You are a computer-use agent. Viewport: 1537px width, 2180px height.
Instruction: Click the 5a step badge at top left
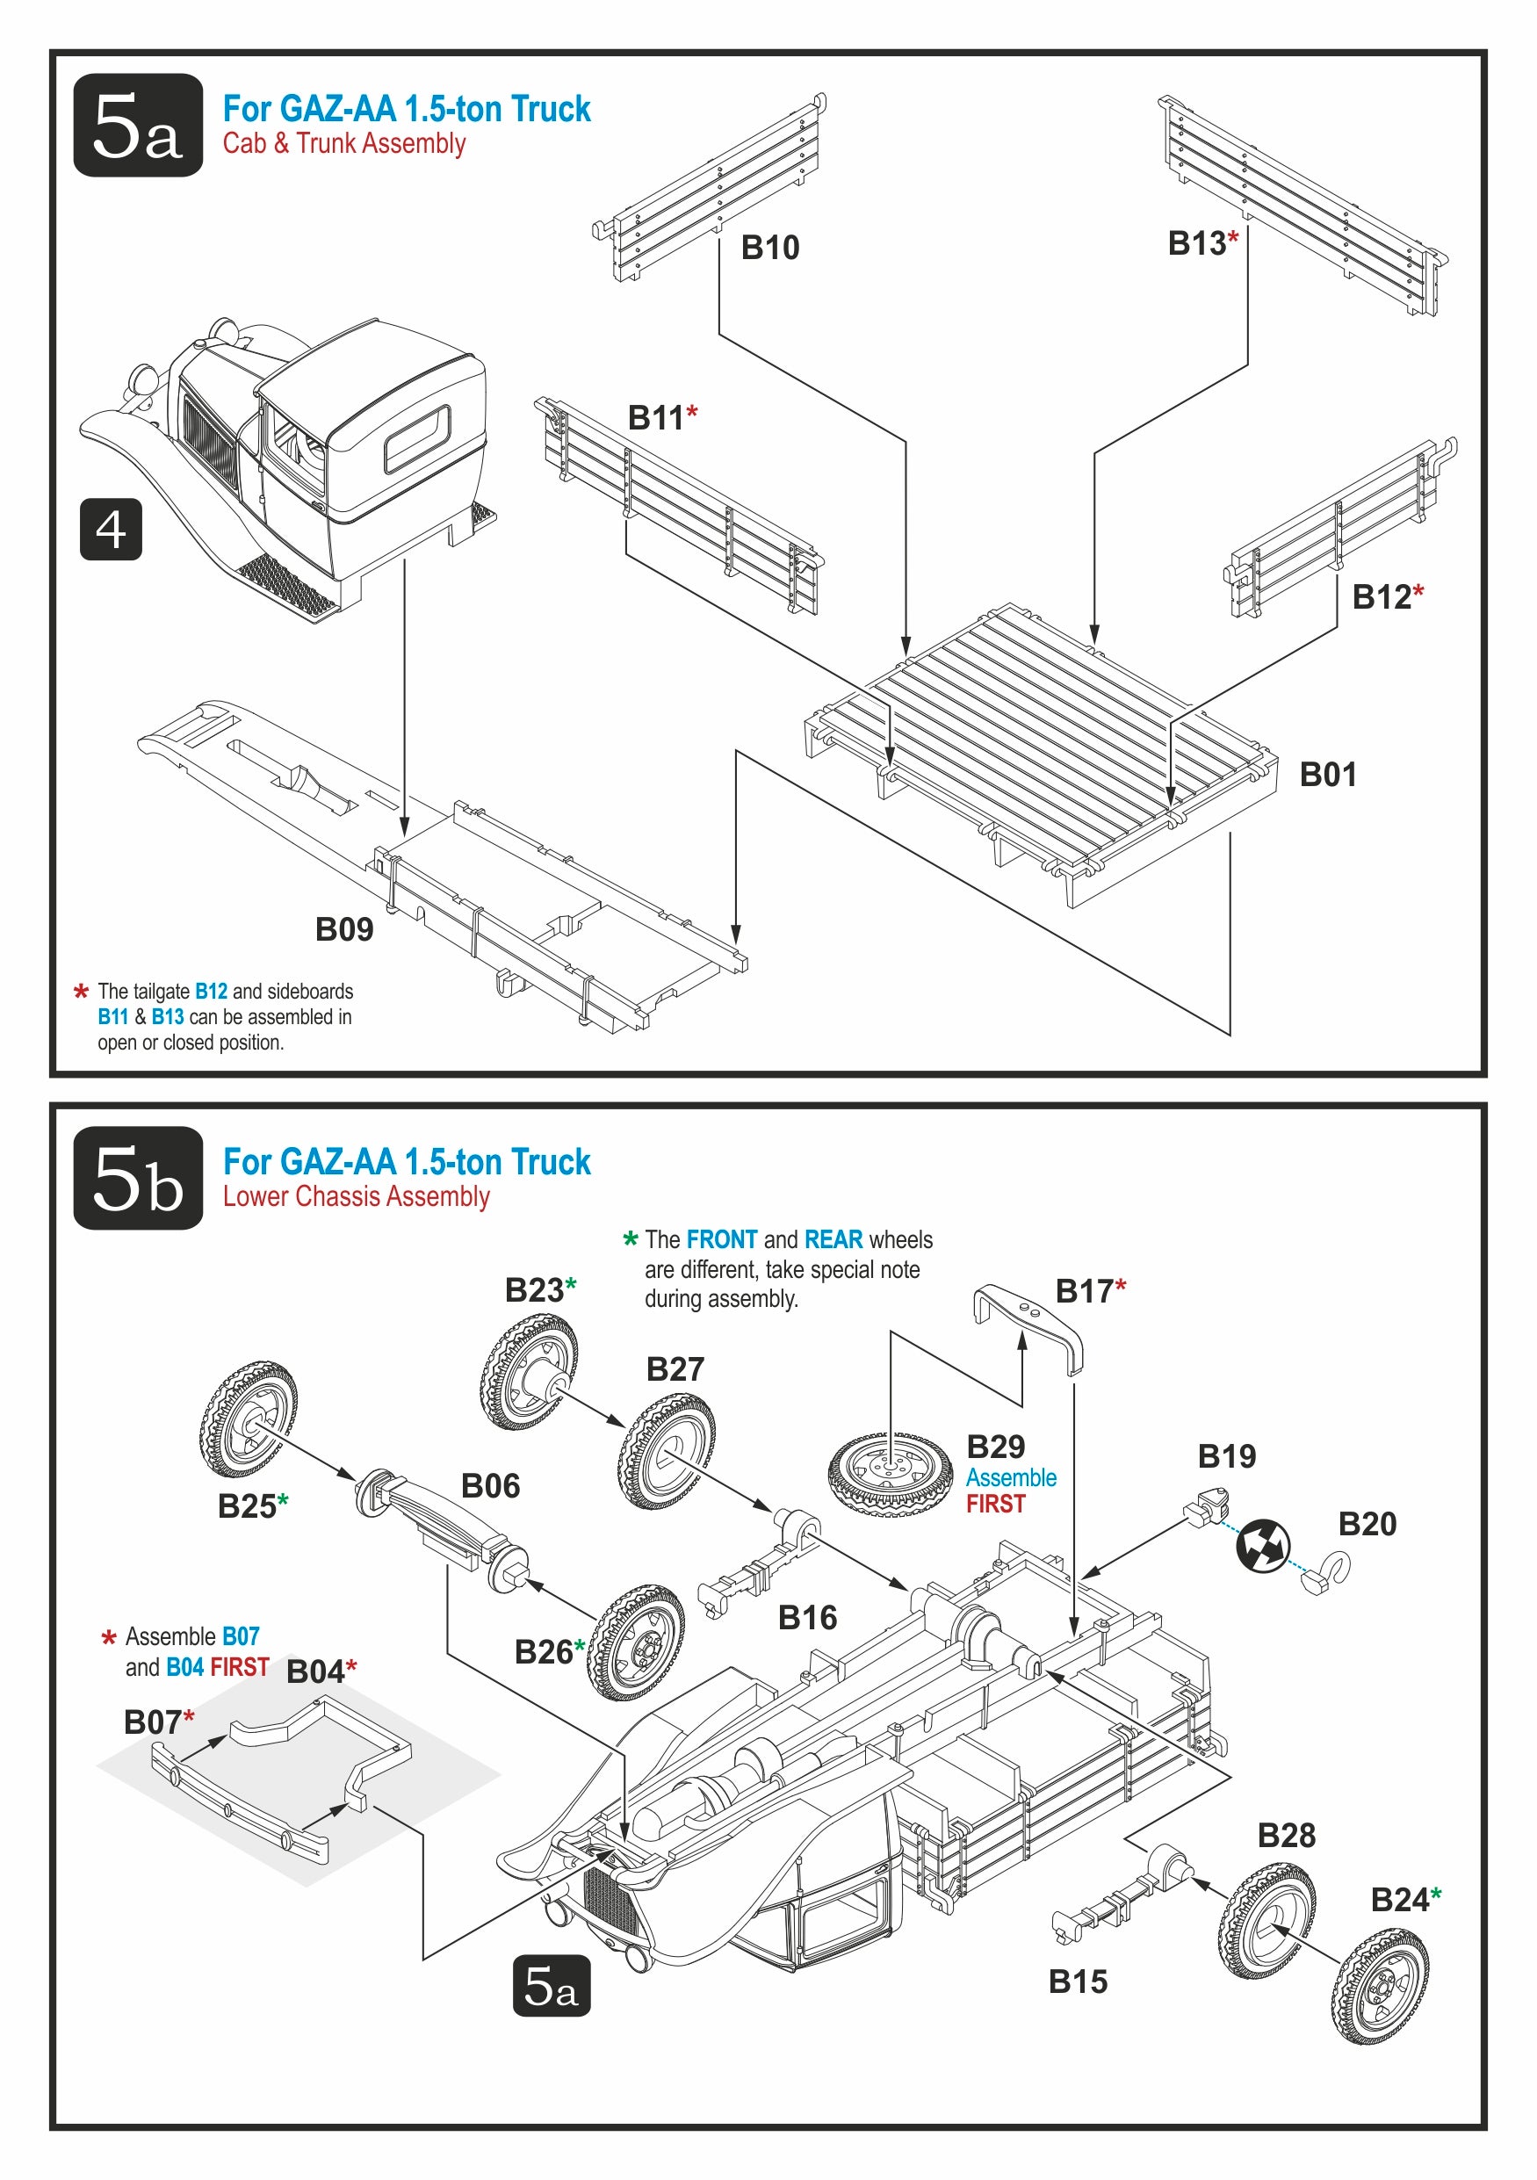click(x=138, y=125)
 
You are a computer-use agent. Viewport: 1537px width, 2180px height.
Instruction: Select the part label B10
click(x=769, y=248)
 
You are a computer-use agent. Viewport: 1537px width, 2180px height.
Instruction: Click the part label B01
click(x=1327, y=775)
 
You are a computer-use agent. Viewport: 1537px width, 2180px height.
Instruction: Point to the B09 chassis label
click(x=343, y=928)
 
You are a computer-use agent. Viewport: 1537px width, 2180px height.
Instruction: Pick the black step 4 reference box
click(x=111, y=529)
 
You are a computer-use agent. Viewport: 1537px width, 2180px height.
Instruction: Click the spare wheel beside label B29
click(x=890, y=1473)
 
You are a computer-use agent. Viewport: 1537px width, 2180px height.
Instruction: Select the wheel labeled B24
click(x=1380, y=1986)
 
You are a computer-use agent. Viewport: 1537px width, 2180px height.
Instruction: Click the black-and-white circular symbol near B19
click(x=1263, y=1546)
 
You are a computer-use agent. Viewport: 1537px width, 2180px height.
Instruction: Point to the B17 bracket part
click(x=1028, y=1325)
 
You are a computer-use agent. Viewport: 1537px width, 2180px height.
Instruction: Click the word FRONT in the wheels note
click(x=721, y=1240)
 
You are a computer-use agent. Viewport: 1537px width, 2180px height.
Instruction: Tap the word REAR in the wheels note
click(x=833, y=1240)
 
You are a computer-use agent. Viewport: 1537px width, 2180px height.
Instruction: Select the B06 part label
click(x=490, y=1486)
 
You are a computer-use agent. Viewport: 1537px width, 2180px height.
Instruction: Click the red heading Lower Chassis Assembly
click(x=356, y=1196)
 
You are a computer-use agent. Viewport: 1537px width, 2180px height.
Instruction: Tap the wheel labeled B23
click(x=528, y=1372)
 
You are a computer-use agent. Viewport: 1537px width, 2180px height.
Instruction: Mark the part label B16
click(x=807, y=1618)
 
